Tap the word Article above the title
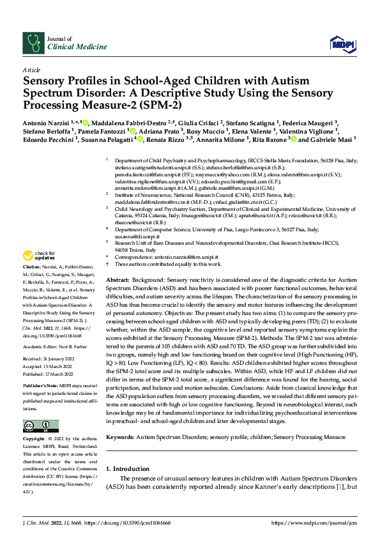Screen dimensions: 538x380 (x=31, y=68)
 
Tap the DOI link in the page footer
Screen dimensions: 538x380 (x=128, y=523)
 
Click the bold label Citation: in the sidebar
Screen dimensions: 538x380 (x=33, y=283)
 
